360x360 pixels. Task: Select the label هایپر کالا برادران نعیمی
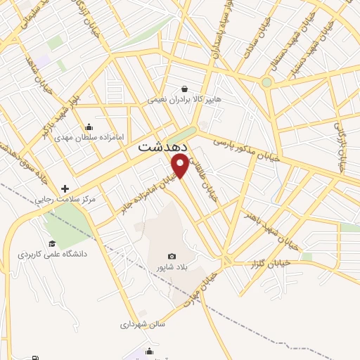(184, 100)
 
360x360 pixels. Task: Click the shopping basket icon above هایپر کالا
(184, 89)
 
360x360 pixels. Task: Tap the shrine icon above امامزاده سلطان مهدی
(89, 127)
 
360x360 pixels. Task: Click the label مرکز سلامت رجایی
(67, 200)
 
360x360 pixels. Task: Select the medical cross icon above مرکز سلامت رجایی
(65, 188)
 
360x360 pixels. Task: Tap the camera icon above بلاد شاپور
(172, 257)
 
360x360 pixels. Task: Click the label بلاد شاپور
(172, 268)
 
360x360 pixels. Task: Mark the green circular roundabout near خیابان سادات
(266, 82)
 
